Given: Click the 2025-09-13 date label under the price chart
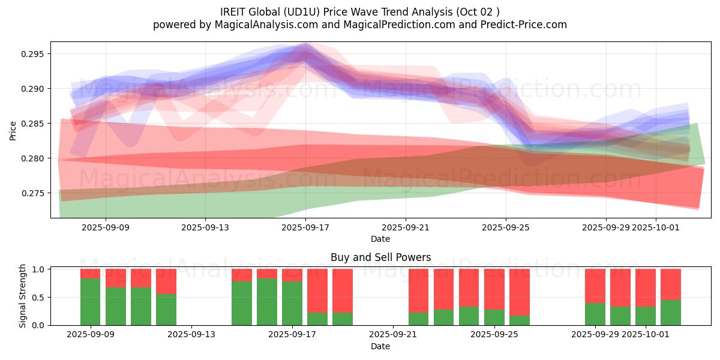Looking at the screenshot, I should coord(205,227).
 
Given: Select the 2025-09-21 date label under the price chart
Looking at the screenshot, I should coord(406,227).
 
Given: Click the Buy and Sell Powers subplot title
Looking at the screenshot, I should coord(380,257).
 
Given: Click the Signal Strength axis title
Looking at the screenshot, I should coord(23,296).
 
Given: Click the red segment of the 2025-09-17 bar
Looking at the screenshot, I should coord(292,275).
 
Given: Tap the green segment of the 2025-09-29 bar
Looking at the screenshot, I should coord(595,314).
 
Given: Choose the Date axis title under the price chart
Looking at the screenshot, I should coord(380,239).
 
